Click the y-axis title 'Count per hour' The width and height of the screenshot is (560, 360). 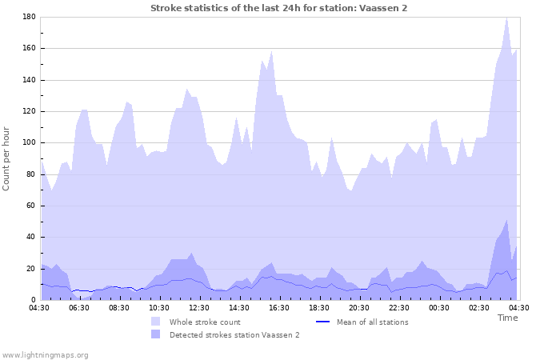point(7,158)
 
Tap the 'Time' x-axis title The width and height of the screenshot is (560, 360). point(507,318)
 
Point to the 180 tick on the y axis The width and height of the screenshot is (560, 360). point(28,17)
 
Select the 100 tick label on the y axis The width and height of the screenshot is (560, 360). point(28,143)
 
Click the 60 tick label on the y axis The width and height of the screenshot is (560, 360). point(30,206)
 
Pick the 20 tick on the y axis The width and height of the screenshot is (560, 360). point(30,269)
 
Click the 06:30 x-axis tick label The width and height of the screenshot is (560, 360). point(80,307)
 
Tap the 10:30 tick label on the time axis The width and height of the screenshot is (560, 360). point(160,307)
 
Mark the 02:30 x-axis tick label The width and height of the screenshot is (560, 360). point(480,307)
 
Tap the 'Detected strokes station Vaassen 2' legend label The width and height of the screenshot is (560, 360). point(234,334)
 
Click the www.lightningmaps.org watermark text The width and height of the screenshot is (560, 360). point(45,354)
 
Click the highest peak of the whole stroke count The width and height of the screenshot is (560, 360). point(506,17)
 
